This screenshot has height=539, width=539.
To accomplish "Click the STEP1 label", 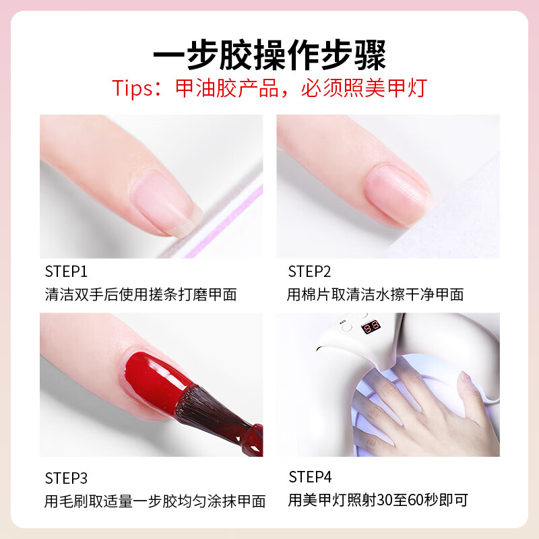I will coord(66,272).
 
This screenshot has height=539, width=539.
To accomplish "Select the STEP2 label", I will coord(309,272).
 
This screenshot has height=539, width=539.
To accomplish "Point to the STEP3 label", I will coord(66,478).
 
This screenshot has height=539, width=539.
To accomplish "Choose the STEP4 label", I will coord(310,478).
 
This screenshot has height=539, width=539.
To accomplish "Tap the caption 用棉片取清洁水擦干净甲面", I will coord(375,294).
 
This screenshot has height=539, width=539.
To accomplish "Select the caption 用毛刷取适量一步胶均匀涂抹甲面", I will coord(155,501).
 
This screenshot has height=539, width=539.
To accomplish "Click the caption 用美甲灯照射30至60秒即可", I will coord(377,501).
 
